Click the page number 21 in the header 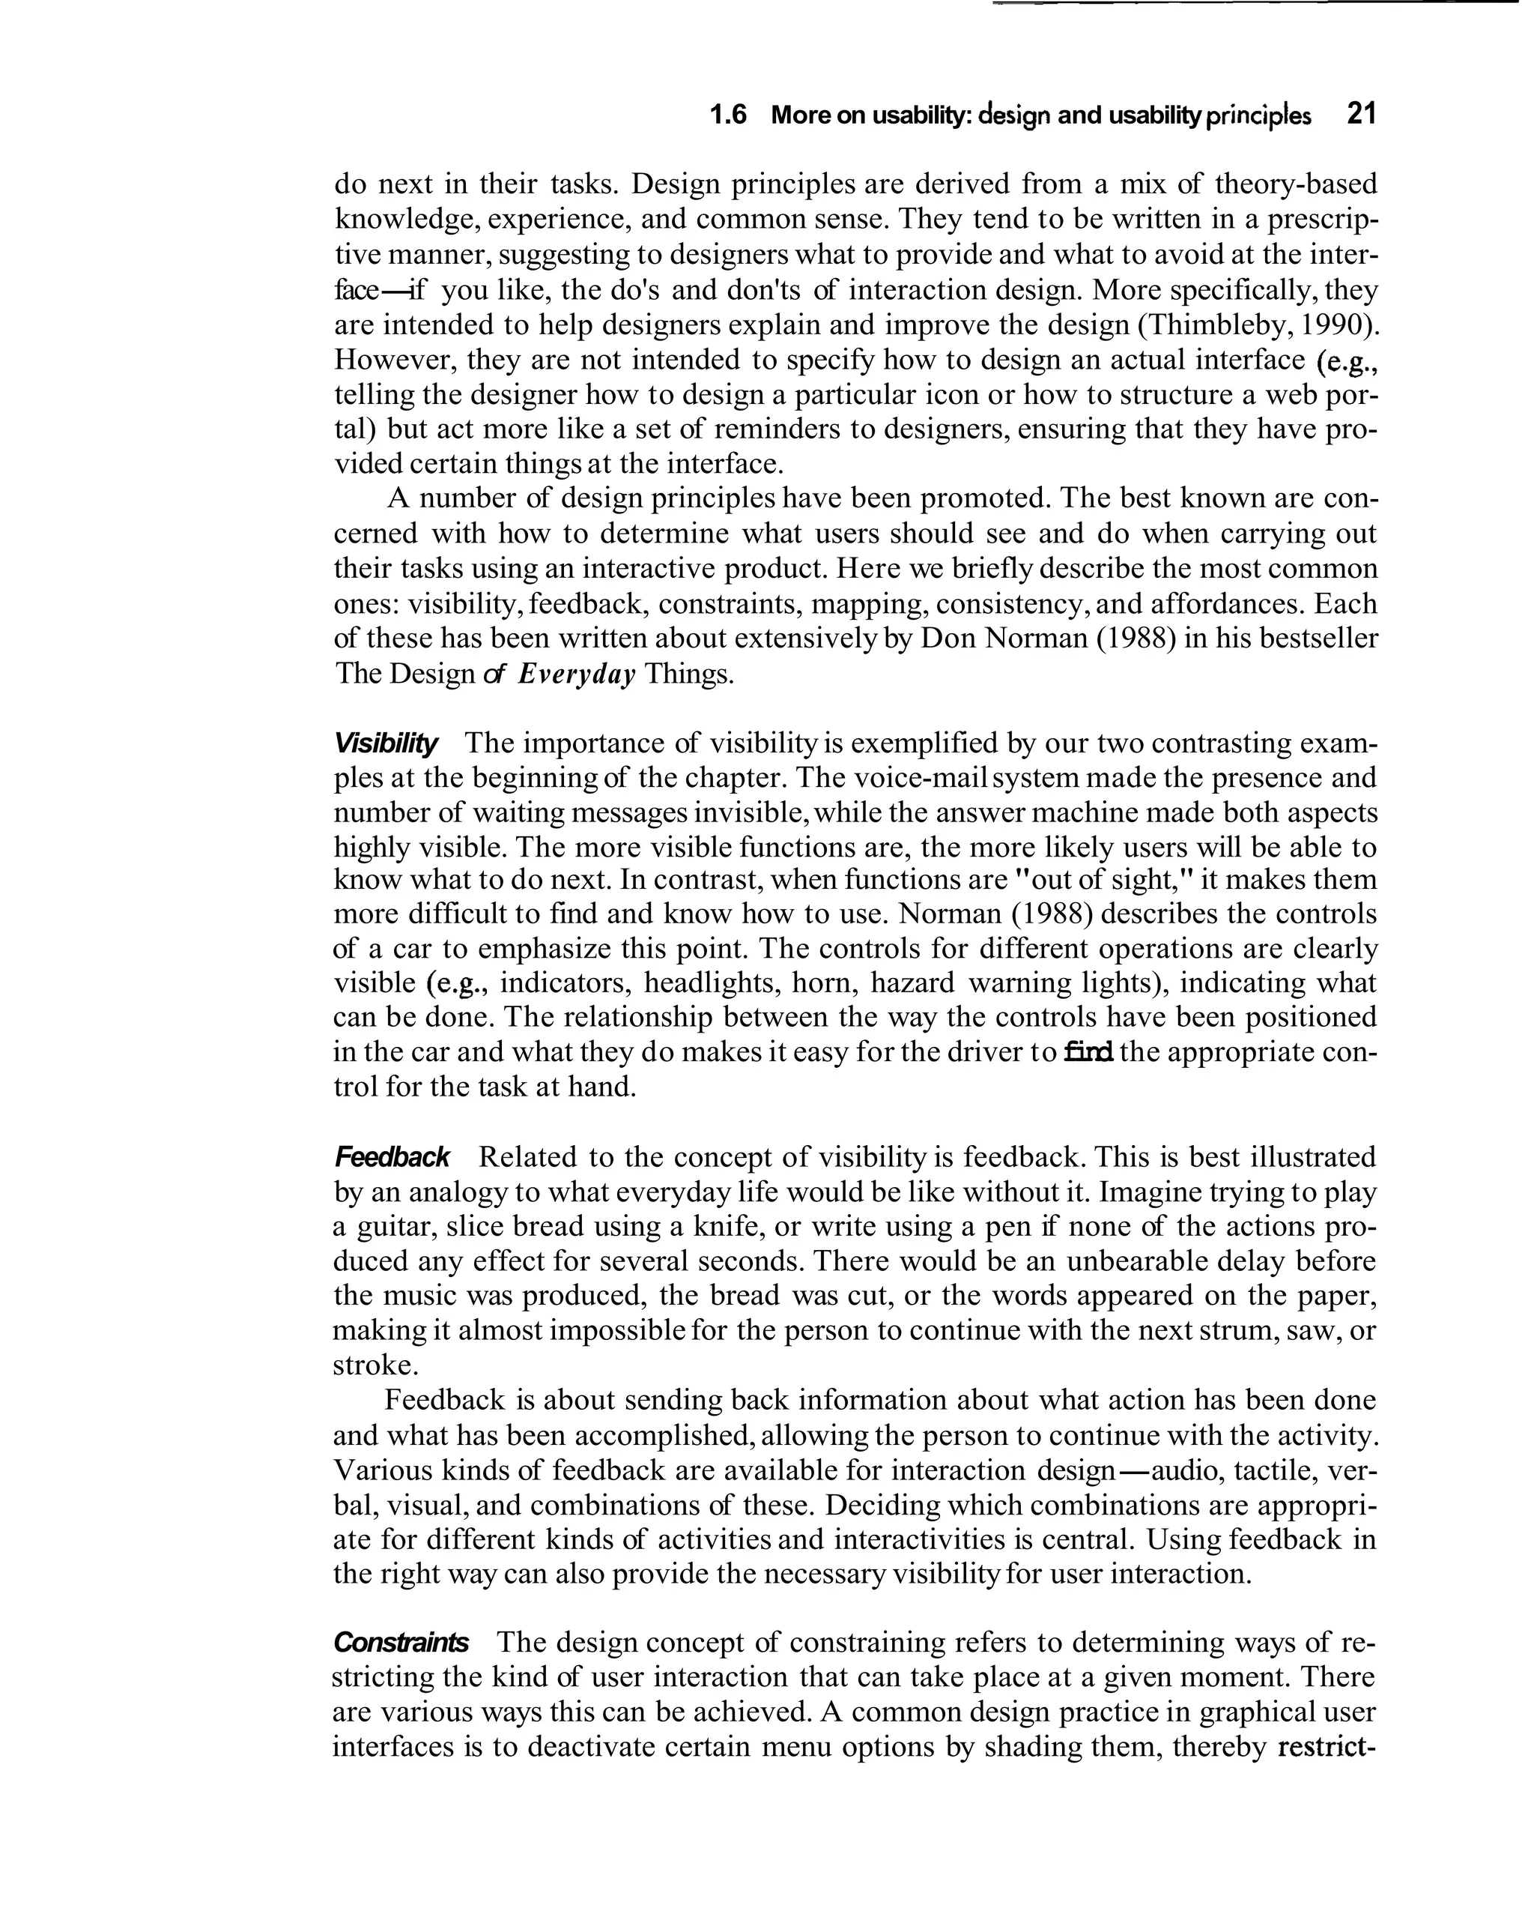[x=1361, y=114]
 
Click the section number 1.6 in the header [x=727, y=115]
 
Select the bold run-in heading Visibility [x=386, y=743]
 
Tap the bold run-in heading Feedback [x=392, y=1158]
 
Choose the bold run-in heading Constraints [x=401, y=1642]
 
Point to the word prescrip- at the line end [x=1320, y=219]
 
